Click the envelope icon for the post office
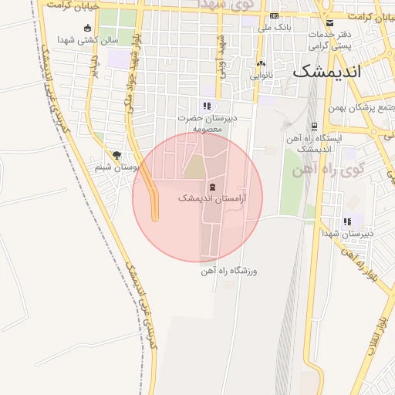click(330, 22)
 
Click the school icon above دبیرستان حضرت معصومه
click(206, 106)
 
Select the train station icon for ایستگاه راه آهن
click(313, 126)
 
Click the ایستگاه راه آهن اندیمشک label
click(313, 142)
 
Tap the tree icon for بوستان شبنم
click(116, 154)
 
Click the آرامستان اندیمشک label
click(211, 198)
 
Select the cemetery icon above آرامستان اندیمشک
click(211, 187)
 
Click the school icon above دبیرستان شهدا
click(348, 221)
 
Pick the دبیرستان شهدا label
click(348, 233)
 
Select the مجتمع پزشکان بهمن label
click(363, 107)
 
